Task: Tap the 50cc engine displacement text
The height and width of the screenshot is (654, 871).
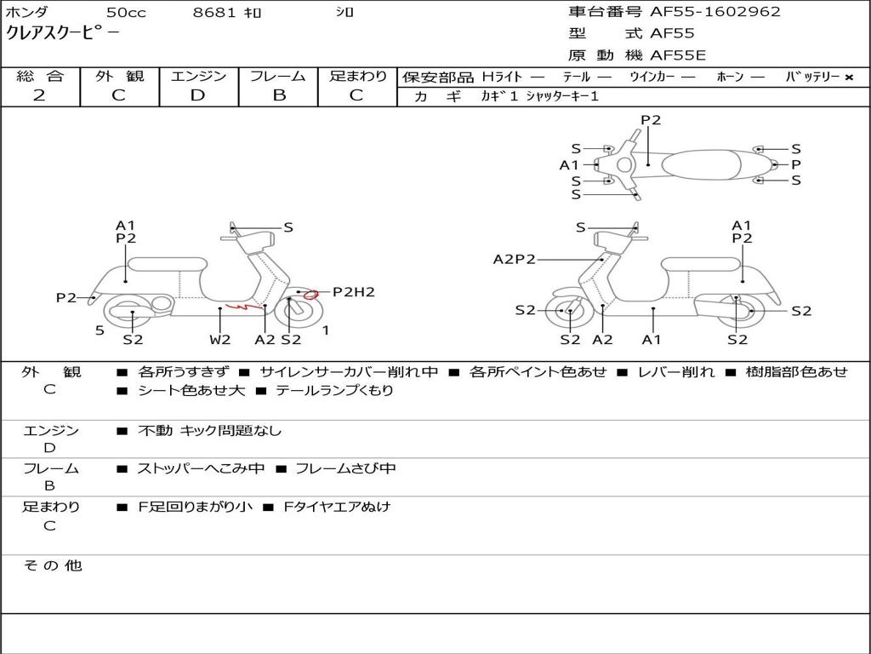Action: tap(126, 13)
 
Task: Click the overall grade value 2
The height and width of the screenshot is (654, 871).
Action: tap(39, 95)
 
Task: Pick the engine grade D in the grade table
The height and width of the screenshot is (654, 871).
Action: tap(197, 95)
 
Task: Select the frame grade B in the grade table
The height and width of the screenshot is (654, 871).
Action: tap(278, 95)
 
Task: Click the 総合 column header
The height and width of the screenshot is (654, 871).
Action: tap(39, 77)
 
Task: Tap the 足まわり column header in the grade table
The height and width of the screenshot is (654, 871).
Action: tap(357, 77)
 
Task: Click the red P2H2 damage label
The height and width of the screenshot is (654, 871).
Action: tap(353, 292)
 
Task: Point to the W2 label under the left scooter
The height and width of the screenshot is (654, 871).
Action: tap(220, 340)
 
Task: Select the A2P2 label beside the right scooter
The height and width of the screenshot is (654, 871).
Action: tap(514, 260)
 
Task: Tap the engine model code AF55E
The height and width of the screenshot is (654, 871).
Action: tap(678, 56)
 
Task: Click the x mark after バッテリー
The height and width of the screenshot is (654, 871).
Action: tap(848, 77)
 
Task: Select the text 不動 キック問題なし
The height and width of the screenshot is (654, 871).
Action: tap(209, 431)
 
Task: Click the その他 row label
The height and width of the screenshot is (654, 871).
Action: tap(52, 565)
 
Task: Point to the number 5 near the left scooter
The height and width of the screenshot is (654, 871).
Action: tap(100, 330)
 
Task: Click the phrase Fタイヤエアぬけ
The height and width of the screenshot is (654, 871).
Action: tap(337, 507)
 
